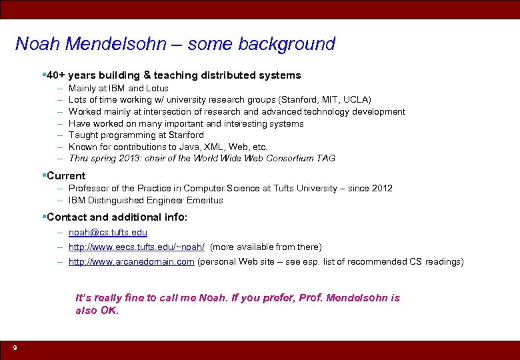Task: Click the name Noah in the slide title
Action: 39,44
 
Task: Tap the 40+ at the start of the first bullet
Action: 55,75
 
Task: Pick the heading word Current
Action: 66,176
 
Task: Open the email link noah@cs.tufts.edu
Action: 108,232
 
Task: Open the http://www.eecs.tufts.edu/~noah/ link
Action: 137,247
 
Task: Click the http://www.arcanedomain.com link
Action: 131,261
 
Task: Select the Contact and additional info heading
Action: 117,217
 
